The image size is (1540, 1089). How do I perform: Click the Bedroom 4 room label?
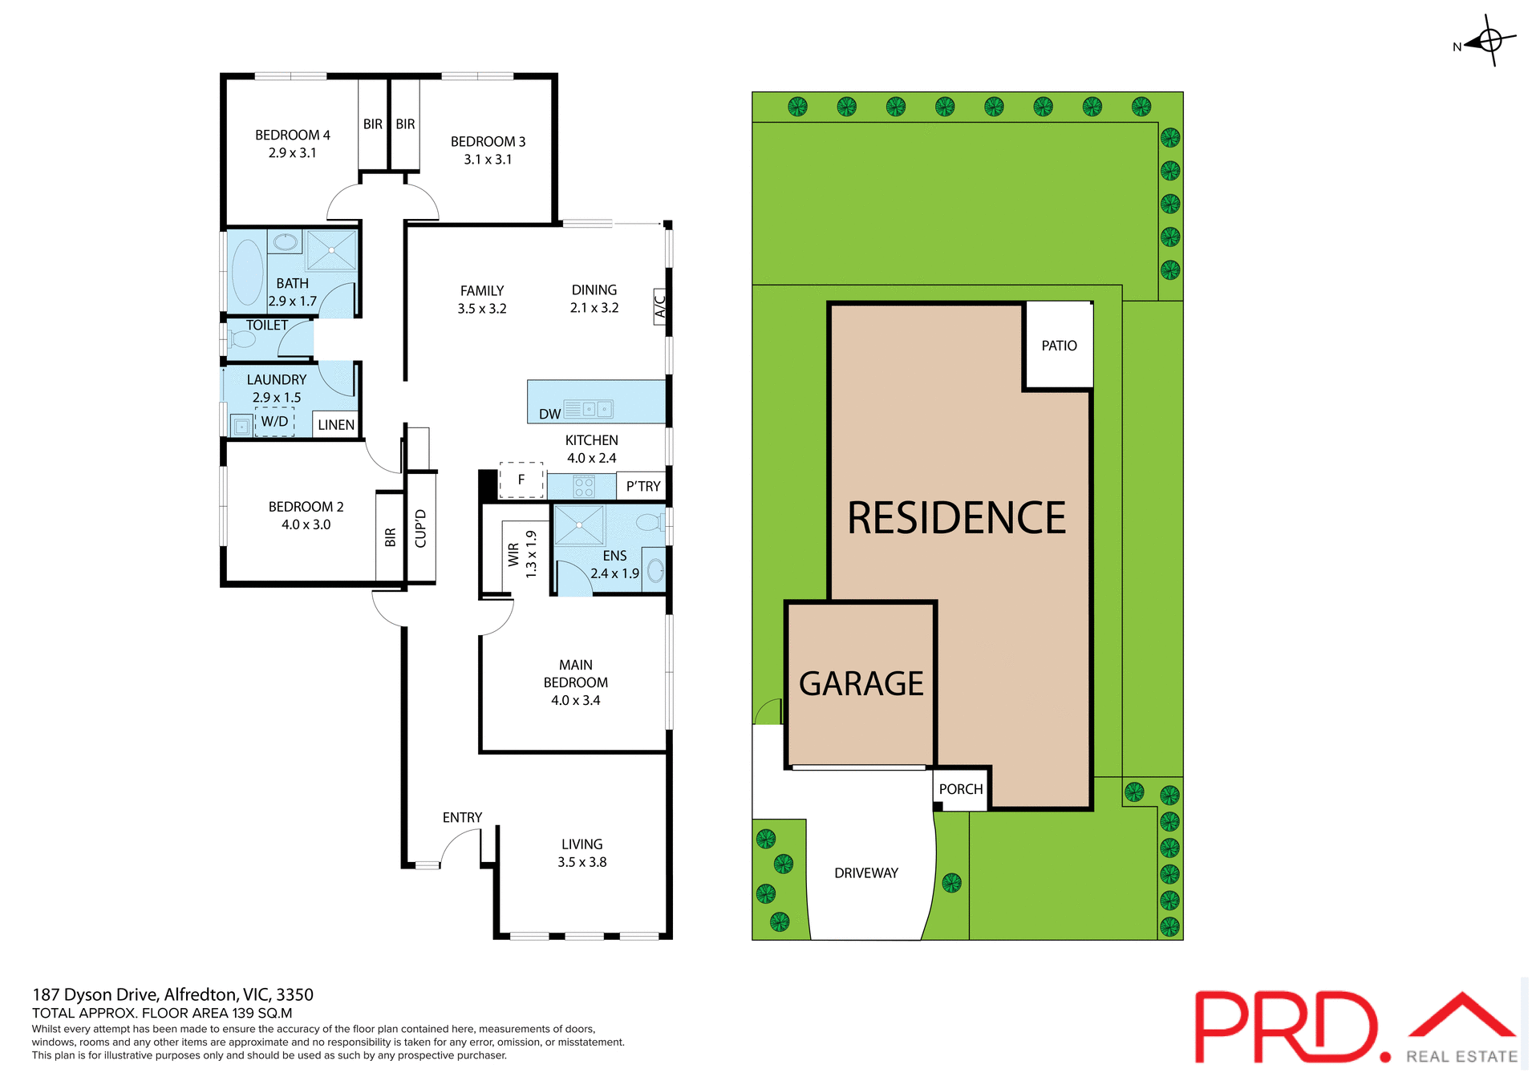pyautogui.click(x=293, y=135)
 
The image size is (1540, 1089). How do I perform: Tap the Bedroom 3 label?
pyautogui.click(x=488, y=142)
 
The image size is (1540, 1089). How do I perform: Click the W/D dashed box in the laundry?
pyautogui.click(x=274, y=422)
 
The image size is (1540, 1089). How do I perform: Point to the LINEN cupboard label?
pyautogui.click(x=336, y=425)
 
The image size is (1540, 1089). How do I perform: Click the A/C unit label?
pyautogui.click(x=660, y=306)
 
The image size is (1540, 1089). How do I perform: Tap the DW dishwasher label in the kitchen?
pyautogui.click(x=549, y=414)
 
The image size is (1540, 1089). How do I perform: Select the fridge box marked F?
pyautogui.click(x=521, y=480)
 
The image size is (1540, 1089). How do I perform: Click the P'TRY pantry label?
pyautogui.click(x=643, y=486)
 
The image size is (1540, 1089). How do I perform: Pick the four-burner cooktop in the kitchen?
pyautogui.click(x=584, y=487)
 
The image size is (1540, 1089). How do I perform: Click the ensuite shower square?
pyautogui.click(x=579, y=525)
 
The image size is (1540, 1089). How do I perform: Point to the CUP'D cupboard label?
pyautogui.click(x=420, y=528)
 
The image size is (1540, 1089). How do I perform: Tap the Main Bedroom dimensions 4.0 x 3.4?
pyautogui.click(x=575, y=700)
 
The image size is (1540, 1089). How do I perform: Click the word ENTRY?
pyautogui.click(x=462, y=817)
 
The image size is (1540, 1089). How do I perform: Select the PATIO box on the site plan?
pyautogui.click(x=1059, y=346)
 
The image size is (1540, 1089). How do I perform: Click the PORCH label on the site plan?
pyautogui.click(x=961, y=789)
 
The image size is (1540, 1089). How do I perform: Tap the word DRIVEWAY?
pyautogui.click(x=866, y=872)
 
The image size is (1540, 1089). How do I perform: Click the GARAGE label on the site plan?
pyautogui.click(x=861, y=684)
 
